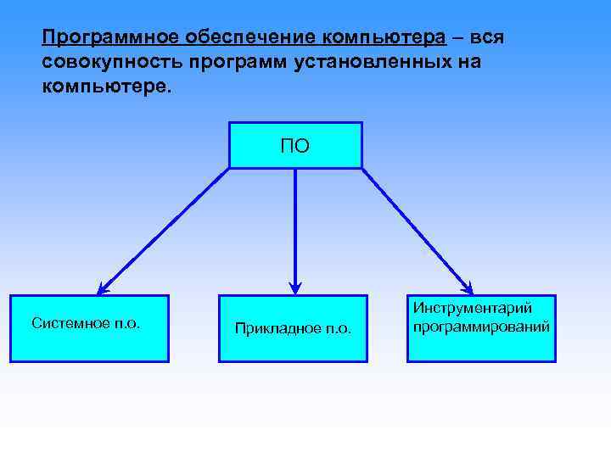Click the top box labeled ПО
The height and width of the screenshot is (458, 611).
(x=295, y=145)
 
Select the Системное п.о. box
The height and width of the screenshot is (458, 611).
(x=89, y=328)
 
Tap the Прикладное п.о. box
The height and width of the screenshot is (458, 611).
(x=293, y=328)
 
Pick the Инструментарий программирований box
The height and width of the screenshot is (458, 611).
(x=481, y=328)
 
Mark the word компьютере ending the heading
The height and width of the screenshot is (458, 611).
(x=103, y=87)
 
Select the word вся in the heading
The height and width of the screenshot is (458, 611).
(x=491, y=38)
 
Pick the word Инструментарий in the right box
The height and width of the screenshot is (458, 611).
(x=473, y=310)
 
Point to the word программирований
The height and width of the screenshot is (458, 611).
(x=481, y=327)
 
